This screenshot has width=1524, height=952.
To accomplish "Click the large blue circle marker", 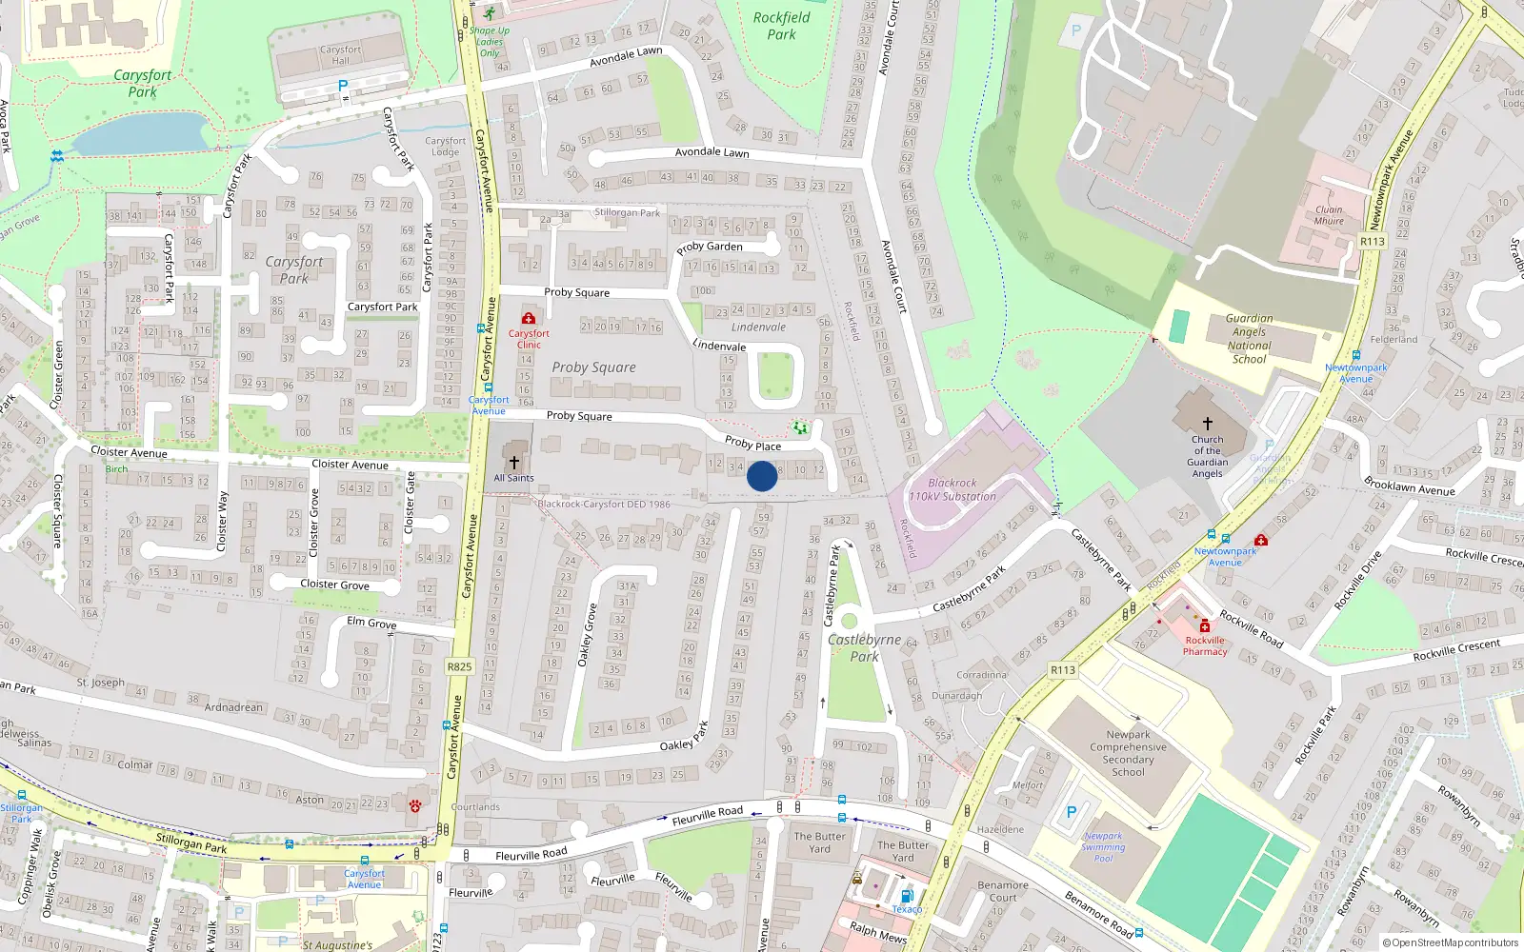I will click(762, 476).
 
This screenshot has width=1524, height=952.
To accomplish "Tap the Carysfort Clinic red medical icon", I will click(529, 318).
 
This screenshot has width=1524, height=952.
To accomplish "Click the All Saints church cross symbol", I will click(514, 462).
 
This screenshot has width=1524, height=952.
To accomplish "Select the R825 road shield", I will click(459, 666).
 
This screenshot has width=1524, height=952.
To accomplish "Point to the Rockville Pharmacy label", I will click(1205, 646).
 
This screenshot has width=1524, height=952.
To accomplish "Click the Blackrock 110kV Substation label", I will click(952, 489).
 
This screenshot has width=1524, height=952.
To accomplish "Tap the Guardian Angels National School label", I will click(1249, 339).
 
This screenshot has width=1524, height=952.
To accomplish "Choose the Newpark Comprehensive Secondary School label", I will click(1128, 753).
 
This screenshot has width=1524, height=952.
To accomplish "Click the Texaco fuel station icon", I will click(907, 896).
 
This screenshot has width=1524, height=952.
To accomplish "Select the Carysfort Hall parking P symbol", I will click(343, 86).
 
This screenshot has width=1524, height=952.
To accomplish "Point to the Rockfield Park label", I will click(781, 26).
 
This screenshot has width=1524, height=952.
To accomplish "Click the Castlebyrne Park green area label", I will click(864, 647).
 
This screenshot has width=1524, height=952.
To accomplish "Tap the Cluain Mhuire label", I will click(1329, 215).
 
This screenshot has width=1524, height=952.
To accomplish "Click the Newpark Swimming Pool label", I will click(1103, 847).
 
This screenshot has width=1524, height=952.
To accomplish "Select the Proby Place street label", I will click(752, 444).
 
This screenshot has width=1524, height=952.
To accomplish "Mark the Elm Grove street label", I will click(371, 623).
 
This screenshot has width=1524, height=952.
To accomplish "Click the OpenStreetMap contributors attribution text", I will click(1451, 942).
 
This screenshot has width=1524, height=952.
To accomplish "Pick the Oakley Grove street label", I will click(587, 634).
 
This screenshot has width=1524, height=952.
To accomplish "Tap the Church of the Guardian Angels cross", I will click(1207, 423).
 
